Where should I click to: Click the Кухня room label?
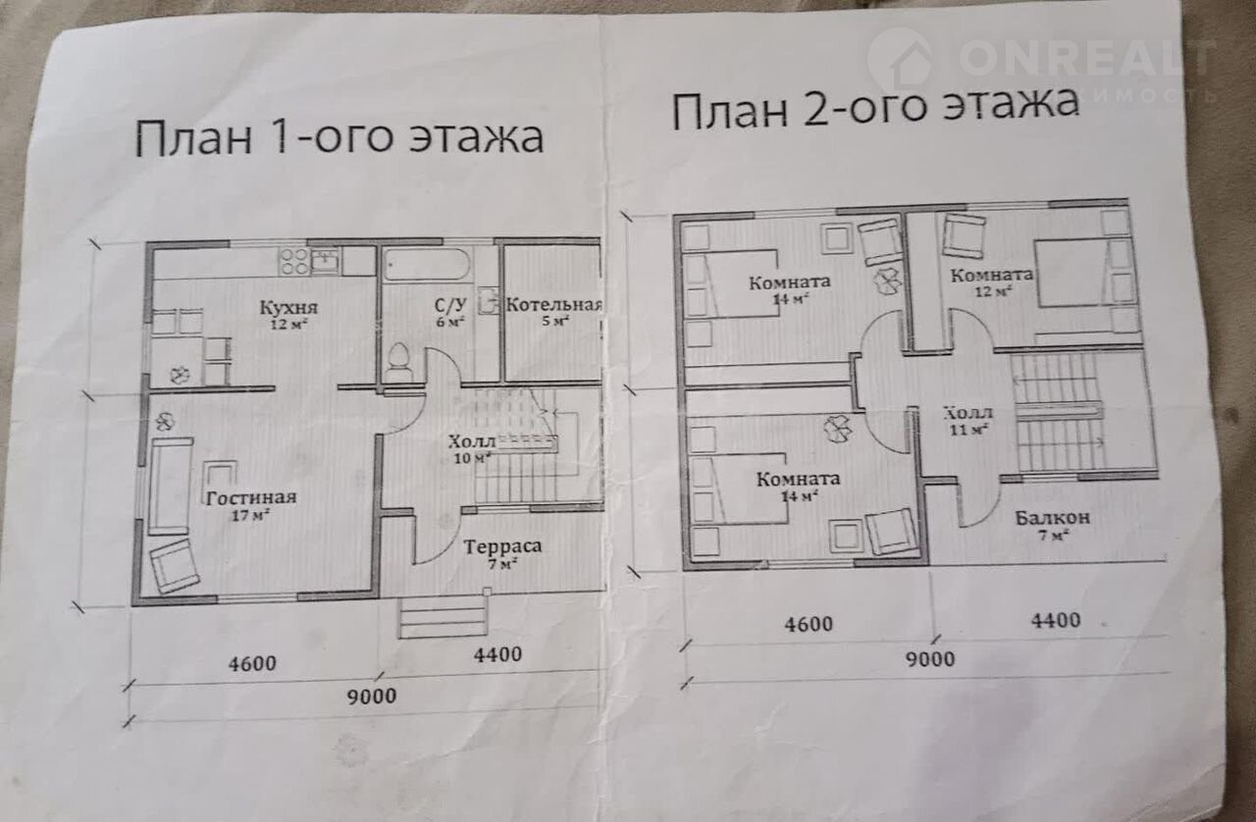(288, 307)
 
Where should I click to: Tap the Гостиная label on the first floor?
(250, 498)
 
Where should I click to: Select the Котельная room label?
(554, 305)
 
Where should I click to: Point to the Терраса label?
(502, 546)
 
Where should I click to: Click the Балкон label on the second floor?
(1053, 518)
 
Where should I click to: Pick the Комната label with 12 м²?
(991, 276)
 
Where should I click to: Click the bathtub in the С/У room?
(427, 264)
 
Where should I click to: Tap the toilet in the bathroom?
(399, 362)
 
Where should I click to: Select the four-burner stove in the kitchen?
(294, 262)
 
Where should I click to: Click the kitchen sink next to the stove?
(325, 261)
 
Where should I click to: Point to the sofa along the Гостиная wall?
(171, 486)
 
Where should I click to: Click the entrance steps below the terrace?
(443, 617)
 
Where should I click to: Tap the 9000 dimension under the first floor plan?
(371, 695)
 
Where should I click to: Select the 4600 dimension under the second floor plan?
(808, 625)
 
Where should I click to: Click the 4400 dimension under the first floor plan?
(497, 654)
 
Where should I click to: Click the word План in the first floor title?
(194, 138)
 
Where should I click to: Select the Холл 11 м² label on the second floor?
(968, 421)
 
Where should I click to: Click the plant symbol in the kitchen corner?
(180, 374)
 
